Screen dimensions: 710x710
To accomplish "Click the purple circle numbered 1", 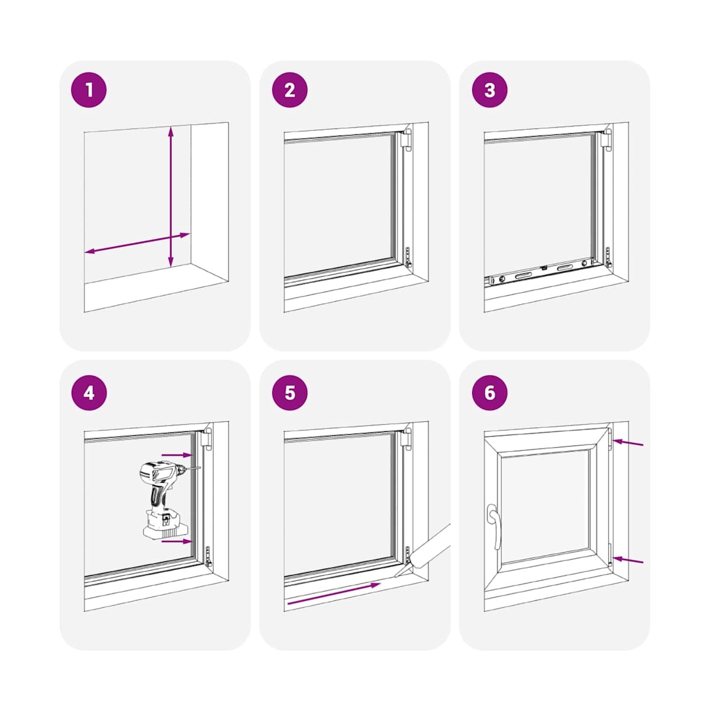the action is (x=89, y=90).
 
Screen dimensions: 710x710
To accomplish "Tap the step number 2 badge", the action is (x=289, y=90).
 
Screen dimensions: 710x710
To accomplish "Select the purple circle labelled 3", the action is (x=490, y=90).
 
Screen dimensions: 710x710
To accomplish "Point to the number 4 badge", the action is (x=89, y=393).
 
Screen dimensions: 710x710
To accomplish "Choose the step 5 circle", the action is (x=289, y=393).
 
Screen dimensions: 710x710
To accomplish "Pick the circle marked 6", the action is (x=490, y=393).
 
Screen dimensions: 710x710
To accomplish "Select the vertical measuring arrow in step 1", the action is (x=170, y=197).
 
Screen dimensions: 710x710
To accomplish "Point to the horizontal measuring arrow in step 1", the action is (x=137, y=243).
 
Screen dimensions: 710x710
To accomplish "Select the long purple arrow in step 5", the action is (x=334, y=593).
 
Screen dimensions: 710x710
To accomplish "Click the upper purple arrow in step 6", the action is (x=628, y=443).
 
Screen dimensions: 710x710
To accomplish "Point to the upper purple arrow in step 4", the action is (x=177, y=455).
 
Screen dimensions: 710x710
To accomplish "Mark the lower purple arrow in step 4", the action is (x=177, y=541).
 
